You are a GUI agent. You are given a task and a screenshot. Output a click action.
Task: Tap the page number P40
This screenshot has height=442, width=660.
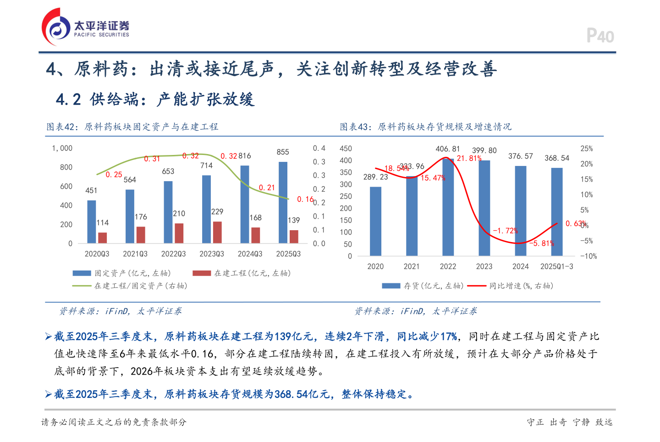pyautogui.click(x=600, y=36)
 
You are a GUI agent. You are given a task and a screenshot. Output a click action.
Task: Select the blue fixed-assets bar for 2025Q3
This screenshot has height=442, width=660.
pyautogui.click(x=283, y=202)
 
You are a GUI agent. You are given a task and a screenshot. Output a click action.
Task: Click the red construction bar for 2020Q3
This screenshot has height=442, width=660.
pyautogui.click(x=102, y=238)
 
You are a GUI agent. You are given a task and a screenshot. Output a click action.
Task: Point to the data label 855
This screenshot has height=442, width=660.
pyautogui.click(x=283, y=152)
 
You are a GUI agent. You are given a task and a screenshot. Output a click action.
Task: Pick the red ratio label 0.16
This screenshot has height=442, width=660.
pyautogui.click(x=305, y=199)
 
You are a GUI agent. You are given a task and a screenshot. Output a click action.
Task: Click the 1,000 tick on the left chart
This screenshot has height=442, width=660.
pyautogui.click(x=62, y=148)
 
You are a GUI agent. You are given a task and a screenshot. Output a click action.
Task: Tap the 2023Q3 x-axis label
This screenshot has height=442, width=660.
pyautogui.click(x=212, y=254)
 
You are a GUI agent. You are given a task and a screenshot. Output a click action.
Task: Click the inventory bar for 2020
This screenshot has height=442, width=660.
pyautogui.click(x=375, y=221)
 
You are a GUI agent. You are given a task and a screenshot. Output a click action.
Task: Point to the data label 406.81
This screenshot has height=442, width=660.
pyautogui.click(x=447, y=149)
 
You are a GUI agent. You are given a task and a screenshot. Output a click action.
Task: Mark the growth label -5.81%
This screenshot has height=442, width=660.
pyautogui.click(x=542, y=243)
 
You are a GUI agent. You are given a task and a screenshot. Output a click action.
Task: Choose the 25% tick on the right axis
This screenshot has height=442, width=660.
pyautogui.click(x=586, y=149)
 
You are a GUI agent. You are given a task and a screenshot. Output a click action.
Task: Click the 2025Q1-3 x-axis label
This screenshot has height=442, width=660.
pyautogui.click(x=556, y=266)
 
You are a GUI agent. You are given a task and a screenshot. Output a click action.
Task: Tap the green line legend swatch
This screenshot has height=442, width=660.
pyautogui.click(x=82, y=286)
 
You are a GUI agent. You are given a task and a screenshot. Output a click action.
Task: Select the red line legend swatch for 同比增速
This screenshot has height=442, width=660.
pyautogui.click(x=476, y=286)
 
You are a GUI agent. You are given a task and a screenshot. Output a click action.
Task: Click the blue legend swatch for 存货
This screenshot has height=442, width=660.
pyautogui.click(x=391, y=286)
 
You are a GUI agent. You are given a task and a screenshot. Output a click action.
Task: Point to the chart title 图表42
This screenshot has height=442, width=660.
pyautogui.click(x=62, y=127)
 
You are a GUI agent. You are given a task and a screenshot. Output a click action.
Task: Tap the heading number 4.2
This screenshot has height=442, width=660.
pyautogui.click(x=68, y=99)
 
